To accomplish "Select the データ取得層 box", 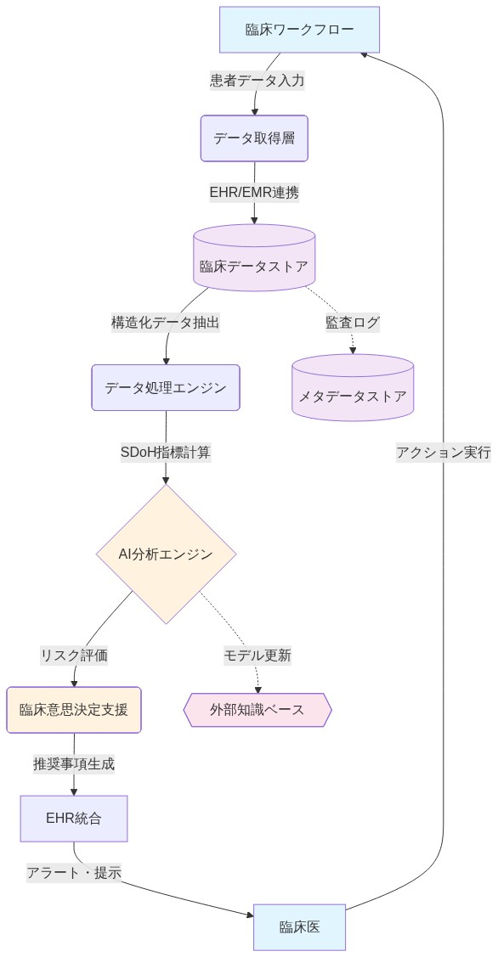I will click(253, 138).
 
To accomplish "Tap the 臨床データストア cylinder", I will click(253, 265).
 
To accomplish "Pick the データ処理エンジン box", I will click(166, 387).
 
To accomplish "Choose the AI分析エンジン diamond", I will click(166, 554).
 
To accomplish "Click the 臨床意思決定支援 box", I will click(73, 709).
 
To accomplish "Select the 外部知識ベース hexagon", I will click(257, 709).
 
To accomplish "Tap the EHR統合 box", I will click(73, 818).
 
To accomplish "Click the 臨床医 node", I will click(299, 926).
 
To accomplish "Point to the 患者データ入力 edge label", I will click(257, 81).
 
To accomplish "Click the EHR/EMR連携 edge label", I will click(254, 192).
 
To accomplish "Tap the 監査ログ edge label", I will click(352, 323).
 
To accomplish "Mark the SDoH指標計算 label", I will click(166, 452).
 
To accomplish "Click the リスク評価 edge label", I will click(74, 655).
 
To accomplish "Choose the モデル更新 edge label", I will click(257, 655).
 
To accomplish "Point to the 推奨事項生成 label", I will click(74, 763).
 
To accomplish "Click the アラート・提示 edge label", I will click(74, 872).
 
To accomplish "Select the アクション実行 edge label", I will click(443, 452).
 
